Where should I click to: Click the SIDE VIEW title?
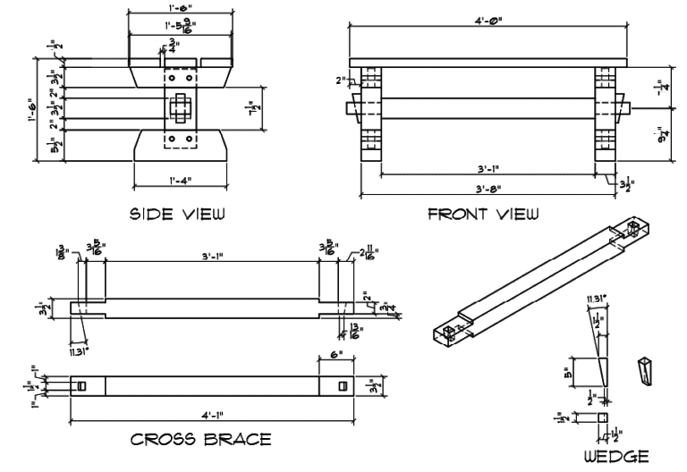pos(177,214)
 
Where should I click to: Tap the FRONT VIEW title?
pos(483,214)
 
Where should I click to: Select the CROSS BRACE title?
pos(201,440)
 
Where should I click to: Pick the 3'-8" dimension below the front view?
pos(487,189)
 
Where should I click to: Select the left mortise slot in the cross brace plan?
pos(80,386)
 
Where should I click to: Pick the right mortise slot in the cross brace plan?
pos(342,386)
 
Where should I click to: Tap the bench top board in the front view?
pos(488,56)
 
